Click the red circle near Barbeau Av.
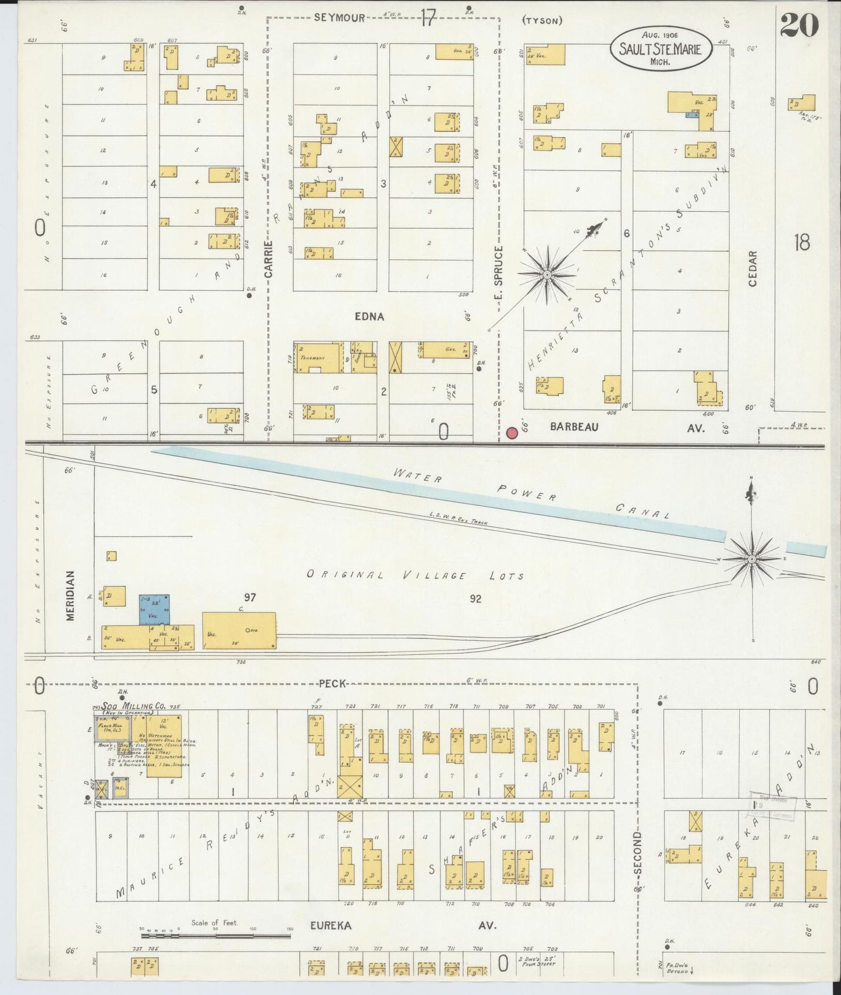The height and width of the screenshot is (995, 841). (512, 433)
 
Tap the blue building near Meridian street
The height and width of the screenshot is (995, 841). (154, 609)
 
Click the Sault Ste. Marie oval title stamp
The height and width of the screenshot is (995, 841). (661, 49)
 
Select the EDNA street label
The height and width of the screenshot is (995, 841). (370, 317)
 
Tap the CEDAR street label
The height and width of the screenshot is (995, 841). (752, 268)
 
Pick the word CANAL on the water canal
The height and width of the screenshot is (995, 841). (643, 511)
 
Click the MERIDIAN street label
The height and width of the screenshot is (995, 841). (71, 595)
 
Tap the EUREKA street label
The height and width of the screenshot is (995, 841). (331, 925)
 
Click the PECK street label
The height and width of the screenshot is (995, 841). (333, 683)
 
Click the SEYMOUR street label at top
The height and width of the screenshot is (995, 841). (339, 17)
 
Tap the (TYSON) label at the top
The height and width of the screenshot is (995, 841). (542, 21)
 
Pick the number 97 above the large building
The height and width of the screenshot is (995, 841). (250, 597)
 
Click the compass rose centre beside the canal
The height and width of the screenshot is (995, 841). (752, 559)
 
